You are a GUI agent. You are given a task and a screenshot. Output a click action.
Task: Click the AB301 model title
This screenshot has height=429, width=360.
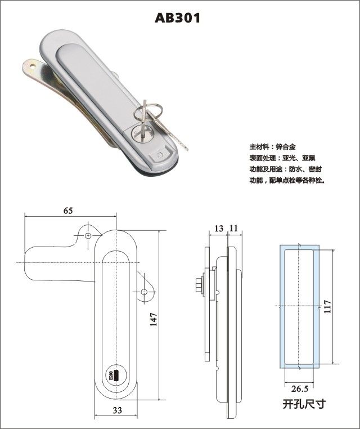click(177, 18)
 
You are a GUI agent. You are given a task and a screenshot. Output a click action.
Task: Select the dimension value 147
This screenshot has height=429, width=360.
click(155, 319)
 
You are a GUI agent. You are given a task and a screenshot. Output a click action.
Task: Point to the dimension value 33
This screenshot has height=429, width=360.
click(117, 410)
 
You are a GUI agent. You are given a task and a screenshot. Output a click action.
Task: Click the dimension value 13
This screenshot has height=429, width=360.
click(219, 228)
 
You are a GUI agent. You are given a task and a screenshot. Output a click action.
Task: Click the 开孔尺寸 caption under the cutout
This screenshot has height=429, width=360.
click(304, 404)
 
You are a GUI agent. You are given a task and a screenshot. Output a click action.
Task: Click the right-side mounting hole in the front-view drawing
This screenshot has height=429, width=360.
click(144, 292)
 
